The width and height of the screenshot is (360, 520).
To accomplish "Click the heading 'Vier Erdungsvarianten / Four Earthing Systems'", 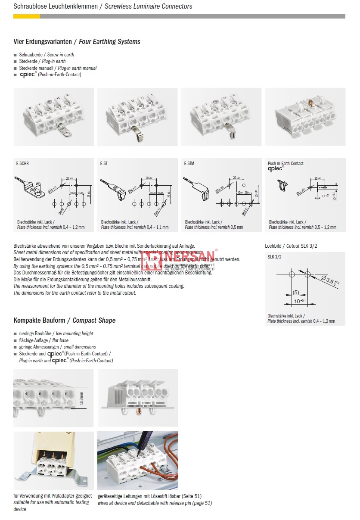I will pos(77,42).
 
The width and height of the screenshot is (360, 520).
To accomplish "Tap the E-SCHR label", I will pos(22,164).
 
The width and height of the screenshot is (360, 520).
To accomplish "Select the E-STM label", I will pos(189,164).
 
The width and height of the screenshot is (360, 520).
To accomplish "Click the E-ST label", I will pos(104,164).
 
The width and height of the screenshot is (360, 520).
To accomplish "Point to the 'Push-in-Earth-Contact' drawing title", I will pos(286,163).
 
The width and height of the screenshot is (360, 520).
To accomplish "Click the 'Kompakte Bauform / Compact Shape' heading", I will pos(65,320).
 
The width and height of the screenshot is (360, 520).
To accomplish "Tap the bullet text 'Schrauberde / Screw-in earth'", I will pos(47,55).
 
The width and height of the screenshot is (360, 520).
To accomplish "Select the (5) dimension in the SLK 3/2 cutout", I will pos(296,293).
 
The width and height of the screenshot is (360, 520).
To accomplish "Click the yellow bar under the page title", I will pos(27,16).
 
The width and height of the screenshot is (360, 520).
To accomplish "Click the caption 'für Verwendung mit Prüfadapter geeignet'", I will pos(53,496).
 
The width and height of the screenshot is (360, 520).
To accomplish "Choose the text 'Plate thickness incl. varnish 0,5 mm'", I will pos(214,227).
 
